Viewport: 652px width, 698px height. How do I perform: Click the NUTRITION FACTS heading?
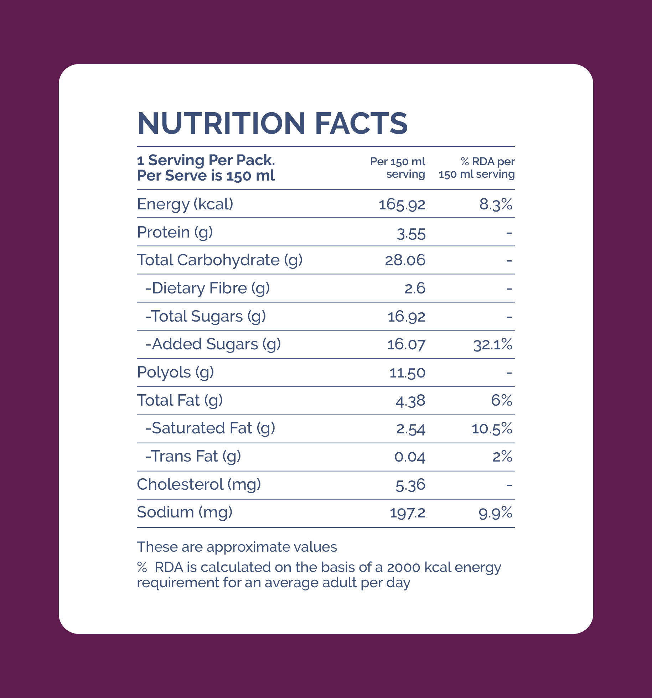(272, 123)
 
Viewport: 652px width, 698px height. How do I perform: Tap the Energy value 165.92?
(402, 205)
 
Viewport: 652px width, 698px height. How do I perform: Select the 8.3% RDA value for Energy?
(496, 205)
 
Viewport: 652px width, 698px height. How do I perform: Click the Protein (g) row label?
(175, 233)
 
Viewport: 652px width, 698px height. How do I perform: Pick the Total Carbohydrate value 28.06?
(405, 260)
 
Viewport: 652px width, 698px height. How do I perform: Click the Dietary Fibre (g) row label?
(207, 288)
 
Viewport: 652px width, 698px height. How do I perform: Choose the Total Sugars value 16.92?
(407, 317)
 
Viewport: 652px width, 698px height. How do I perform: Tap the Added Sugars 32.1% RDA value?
(493, 345)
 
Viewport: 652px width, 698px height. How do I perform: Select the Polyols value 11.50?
(407, 373)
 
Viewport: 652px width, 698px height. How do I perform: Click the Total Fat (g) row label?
(180, 401)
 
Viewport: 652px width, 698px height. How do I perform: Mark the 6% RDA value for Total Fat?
(502, 401)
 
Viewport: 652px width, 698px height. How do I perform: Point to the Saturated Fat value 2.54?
(411, 429)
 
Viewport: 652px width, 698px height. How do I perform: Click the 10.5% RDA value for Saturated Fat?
(492, 429)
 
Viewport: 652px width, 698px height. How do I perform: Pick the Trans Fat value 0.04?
(410, 457)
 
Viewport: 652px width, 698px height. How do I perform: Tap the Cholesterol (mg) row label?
(199, 485)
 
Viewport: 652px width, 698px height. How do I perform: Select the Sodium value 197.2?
(408, 513)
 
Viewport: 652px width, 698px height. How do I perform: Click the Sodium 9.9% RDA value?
(496, 513)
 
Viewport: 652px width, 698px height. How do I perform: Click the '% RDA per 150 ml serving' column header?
(477, 168)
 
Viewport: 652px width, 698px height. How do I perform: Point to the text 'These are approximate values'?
(237, 547)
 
